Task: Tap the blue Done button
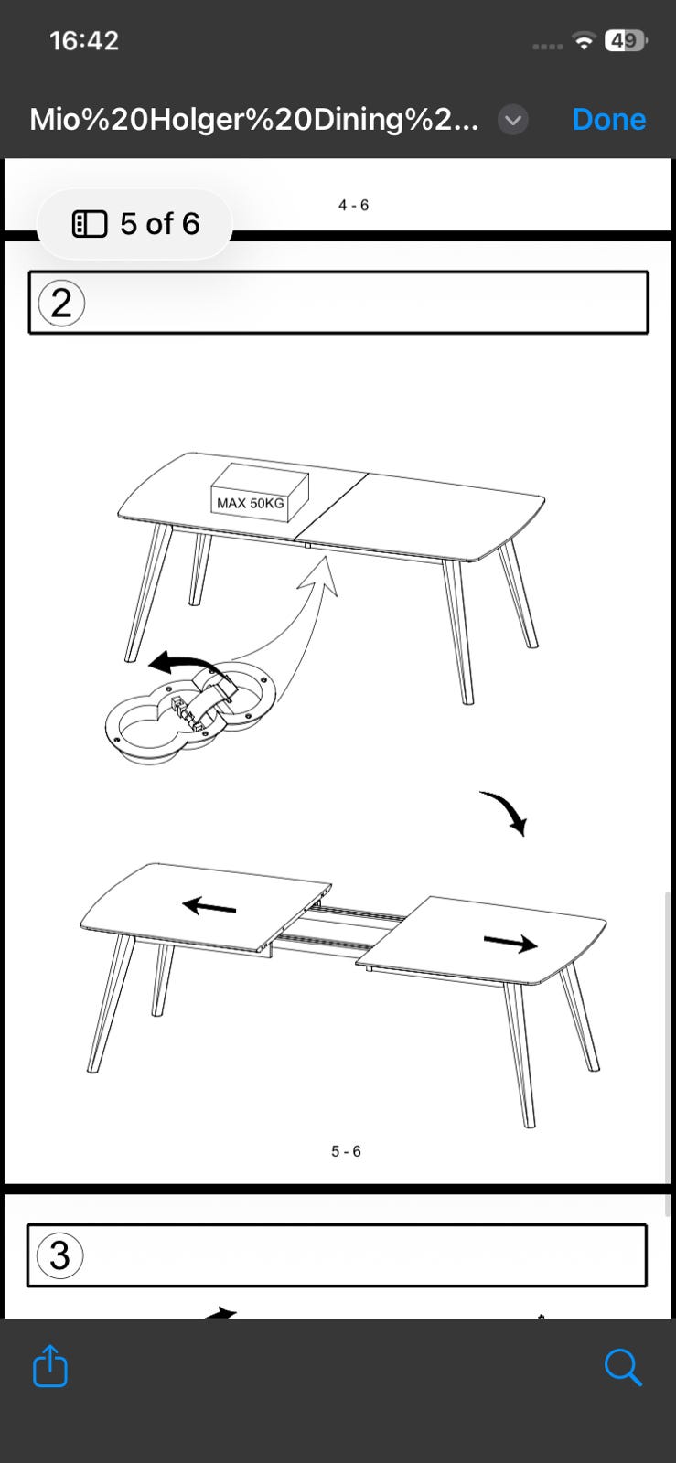(x=608, y=120)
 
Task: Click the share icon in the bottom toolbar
(x=50, y=1365)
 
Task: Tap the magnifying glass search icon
(x=622, y=1366)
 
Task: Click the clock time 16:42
(x=84, y=41)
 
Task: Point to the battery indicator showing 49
(x=626, y=40)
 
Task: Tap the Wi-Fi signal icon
(x=584, y=40)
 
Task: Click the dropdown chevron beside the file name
(x=513, y=120)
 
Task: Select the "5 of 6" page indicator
(x=135, y=224)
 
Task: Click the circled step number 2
(x=61, y=303)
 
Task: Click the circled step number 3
(x=60, y=1255)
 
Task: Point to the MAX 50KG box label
(x=250, y=503)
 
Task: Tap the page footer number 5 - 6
(x=346, y=1151)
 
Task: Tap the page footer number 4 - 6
(x=353, y=205)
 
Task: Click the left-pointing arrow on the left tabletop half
(x=209, y=906)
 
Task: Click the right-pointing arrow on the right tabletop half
(x=510, y=942)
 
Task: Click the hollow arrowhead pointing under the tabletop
(x=321, y=575)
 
